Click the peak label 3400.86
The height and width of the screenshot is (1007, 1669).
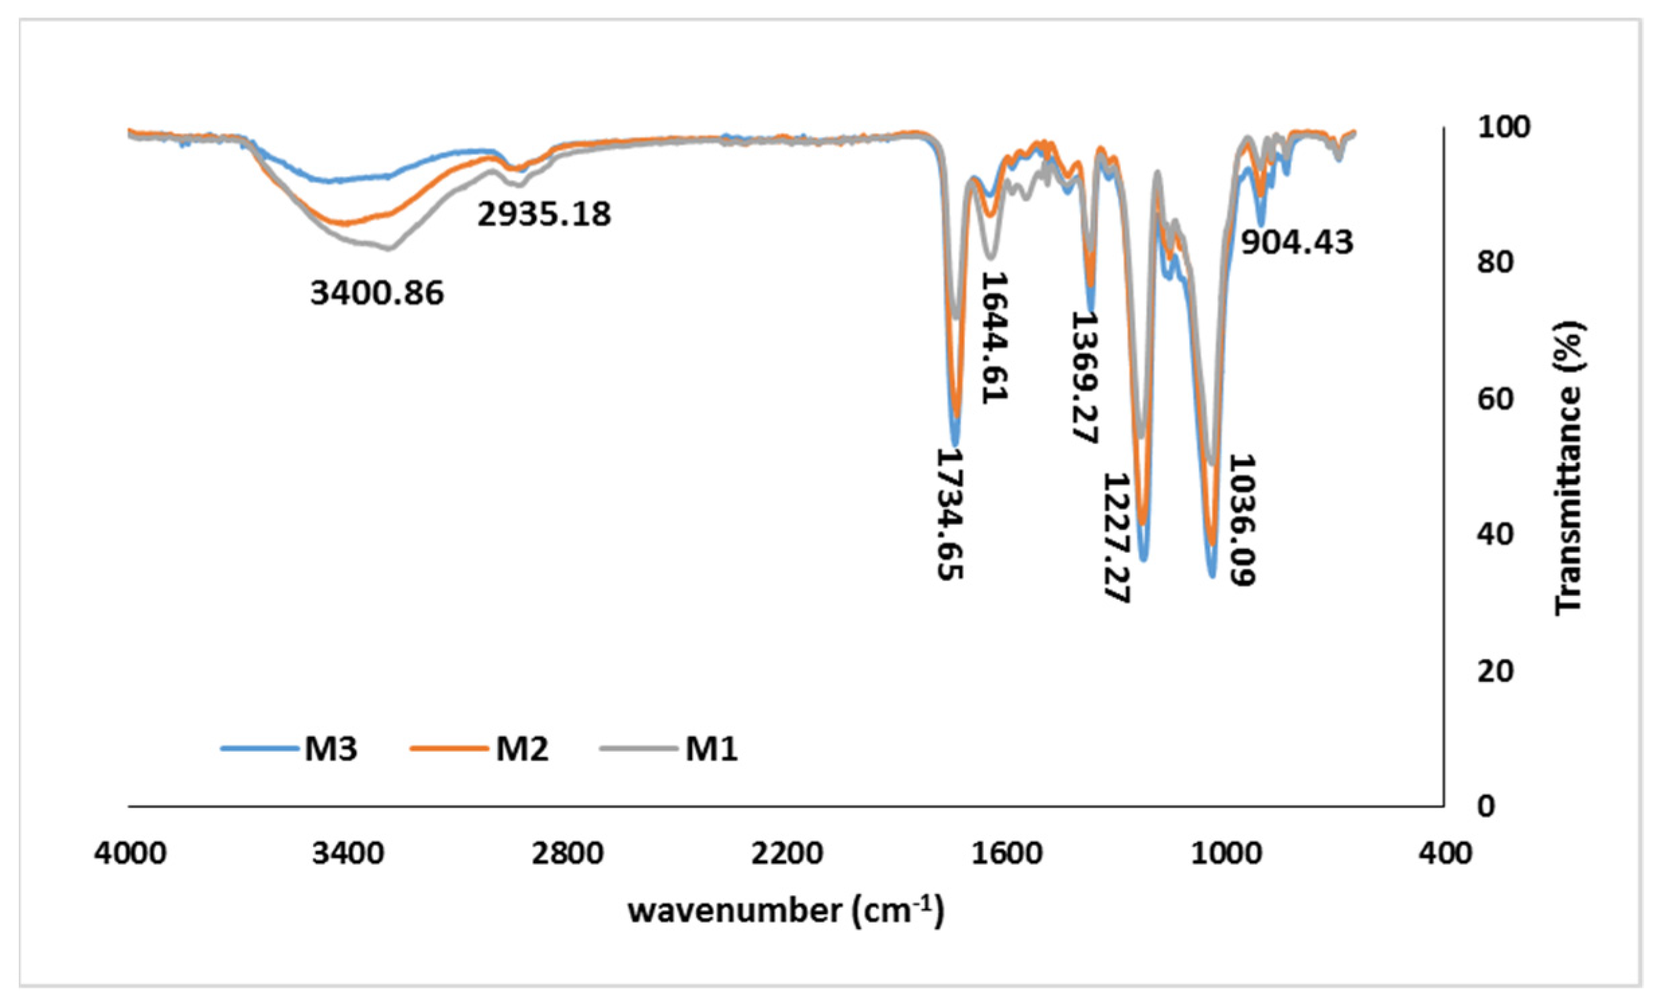coord(377,293)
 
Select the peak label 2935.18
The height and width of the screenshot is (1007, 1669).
coord(544,214)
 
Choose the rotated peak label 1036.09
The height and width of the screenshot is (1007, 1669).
coord(1242,519)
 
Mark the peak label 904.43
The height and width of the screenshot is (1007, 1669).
coord(1297,242)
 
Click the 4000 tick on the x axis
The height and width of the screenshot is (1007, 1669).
coord(130,853)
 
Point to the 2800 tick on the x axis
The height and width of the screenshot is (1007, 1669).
coord(568,853)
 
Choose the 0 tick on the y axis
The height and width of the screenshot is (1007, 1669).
coord(1486,807)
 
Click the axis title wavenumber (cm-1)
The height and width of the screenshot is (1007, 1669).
coord(785,911)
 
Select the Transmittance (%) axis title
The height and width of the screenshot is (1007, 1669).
coord(1569,468)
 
